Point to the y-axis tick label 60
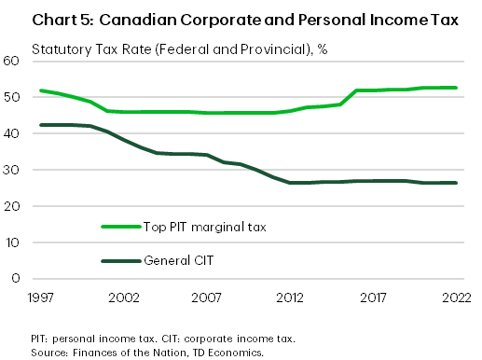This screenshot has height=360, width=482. coord(12,61)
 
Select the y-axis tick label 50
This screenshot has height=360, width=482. coord(12,97)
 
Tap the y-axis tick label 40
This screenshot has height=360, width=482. coord(12,133)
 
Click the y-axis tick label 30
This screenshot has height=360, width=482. coord(12,170)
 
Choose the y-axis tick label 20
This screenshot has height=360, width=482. coord(12,206)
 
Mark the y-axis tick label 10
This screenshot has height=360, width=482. coord(12,242)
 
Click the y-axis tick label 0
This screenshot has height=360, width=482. coord(16,278)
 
